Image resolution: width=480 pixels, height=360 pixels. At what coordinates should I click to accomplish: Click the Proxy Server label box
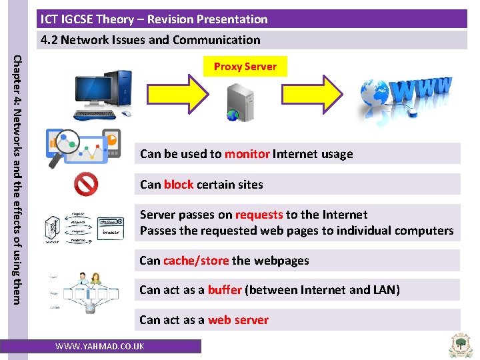(x=245, y=67)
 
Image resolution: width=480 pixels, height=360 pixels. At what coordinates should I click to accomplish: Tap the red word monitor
(x=247, y=154)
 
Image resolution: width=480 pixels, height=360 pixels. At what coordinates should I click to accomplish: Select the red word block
(x=178, y=185)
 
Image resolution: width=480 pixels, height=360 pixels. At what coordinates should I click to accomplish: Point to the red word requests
(x=259, y=215)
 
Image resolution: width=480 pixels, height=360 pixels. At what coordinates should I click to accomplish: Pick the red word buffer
(x=225, y=290)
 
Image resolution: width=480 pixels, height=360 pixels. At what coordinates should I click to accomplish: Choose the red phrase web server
(x=238, y=320)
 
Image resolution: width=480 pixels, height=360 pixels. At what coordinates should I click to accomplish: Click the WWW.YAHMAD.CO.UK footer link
(x=100, y=347)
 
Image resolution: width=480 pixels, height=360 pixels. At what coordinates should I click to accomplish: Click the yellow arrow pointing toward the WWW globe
(x=319, y=94)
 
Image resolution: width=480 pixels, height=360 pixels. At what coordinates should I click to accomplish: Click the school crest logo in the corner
(x=461, y=345)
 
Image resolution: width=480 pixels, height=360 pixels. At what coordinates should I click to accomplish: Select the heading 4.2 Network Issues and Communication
(x=151, y=40)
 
